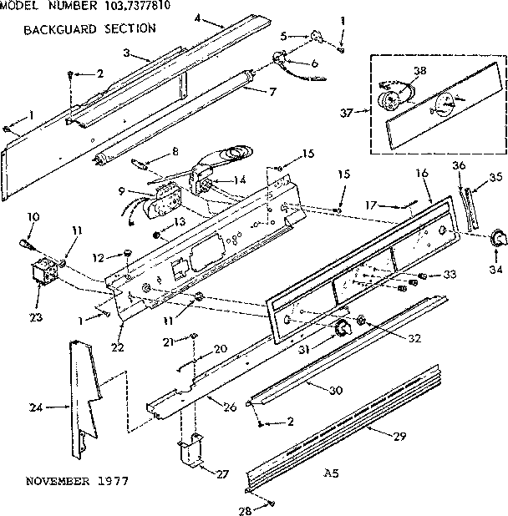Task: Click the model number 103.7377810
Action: click(132, 7)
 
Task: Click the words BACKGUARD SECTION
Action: click(89, 28)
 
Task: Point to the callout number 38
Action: click(419, 71)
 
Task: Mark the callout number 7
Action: click(273, 90)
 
